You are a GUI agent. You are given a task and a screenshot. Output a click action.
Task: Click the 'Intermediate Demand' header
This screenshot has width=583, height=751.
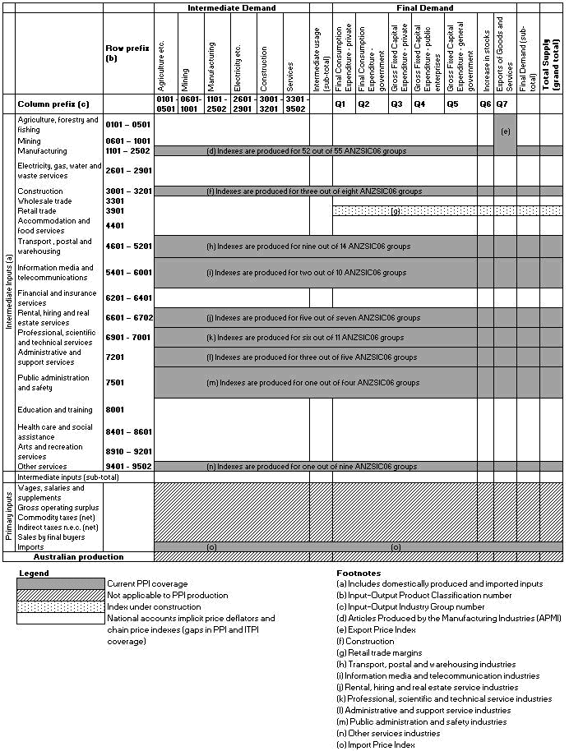coord(231,8)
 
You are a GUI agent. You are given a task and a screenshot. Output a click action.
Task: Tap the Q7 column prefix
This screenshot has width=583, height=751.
coord(502,104)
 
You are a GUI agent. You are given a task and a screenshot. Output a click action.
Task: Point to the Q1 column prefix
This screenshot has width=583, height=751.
coord(340,104)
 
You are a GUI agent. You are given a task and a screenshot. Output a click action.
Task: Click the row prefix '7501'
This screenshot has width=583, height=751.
coord(115,382)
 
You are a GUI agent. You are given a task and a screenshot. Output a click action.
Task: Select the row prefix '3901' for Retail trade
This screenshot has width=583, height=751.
coord(115,210)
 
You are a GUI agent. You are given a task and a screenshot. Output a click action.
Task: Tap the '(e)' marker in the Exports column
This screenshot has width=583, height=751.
coord(505,131)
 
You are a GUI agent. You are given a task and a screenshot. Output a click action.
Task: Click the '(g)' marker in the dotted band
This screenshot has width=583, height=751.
coord(396,211)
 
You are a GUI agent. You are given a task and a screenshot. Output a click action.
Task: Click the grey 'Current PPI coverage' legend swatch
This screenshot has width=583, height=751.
coord(61,583)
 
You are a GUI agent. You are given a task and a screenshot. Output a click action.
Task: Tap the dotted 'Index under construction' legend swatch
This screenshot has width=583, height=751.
coord(61,606)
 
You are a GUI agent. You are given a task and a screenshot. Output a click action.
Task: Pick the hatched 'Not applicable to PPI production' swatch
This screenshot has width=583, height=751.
coord(61,595)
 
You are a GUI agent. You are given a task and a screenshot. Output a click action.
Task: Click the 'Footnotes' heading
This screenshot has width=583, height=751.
coord(359,573)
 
